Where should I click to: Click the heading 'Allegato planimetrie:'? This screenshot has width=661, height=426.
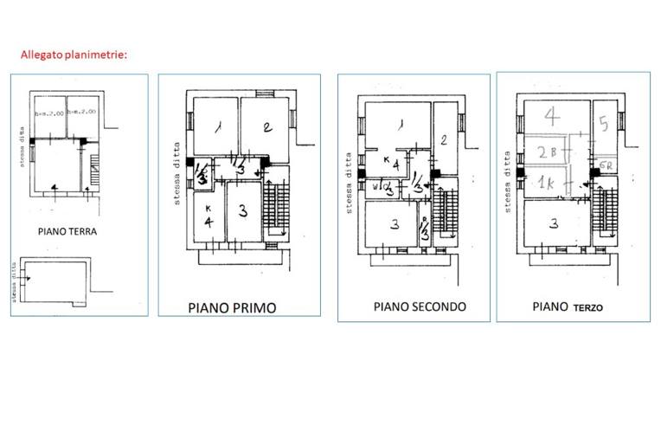[74, 55]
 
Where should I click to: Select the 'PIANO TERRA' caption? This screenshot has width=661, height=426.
[67, 232]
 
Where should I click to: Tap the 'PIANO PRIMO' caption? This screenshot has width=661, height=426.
[238, 307]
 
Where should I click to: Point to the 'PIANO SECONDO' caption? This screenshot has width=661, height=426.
[420, 307]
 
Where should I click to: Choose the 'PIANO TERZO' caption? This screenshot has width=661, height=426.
[568, 307]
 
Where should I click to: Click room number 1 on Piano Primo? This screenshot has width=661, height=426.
[215, 127]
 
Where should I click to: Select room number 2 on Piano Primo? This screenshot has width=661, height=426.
[267, 127]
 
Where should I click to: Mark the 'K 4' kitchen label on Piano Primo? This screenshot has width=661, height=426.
[209, 216]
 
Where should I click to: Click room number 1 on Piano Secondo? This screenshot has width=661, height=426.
[399, 125]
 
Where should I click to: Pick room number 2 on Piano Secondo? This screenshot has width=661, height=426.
[442, 139]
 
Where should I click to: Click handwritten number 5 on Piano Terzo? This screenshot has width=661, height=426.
[604, 122]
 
